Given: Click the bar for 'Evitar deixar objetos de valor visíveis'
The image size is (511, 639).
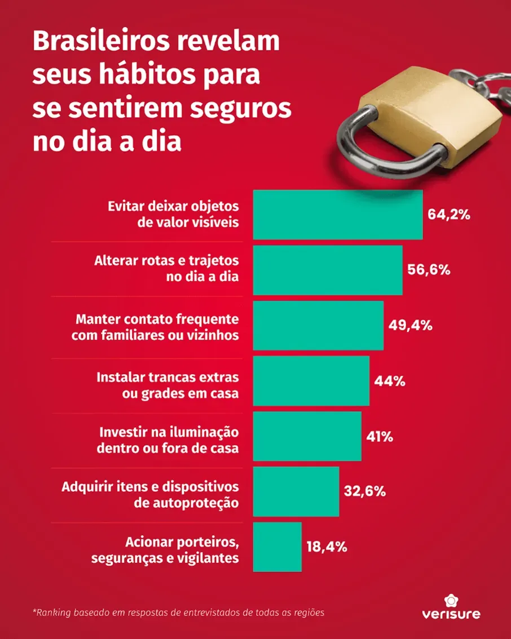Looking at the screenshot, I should click(x=337, y=215).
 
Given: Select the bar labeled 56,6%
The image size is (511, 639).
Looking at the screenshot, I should click(x=327, y=270).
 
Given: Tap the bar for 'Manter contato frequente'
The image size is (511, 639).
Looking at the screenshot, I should click(x=318, y=325).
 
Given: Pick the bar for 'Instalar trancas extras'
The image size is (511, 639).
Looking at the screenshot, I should click(x=311, y=380).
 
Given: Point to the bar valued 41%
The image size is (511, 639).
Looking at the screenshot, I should click(x=307, y=436).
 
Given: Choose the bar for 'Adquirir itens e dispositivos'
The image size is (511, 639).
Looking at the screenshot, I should click(x=296, y=491).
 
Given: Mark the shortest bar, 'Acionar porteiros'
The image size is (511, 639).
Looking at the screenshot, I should click(x=277, y=547).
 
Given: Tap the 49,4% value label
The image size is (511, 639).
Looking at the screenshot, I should click(x=411, y=325).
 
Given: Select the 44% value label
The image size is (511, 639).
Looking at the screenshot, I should click(x=390, y=380).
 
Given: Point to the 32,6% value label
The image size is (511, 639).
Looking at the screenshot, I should click(x=365, y=491).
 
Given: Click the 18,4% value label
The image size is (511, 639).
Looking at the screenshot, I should click(x=327, y=547).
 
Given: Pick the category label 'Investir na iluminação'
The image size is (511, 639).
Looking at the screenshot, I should click(x=169, y=432).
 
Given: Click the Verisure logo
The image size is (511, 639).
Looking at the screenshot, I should click(x=451, y=607).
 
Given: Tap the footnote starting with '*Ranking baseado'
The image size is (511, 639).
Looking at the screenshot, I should click(x=179, y=611).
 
